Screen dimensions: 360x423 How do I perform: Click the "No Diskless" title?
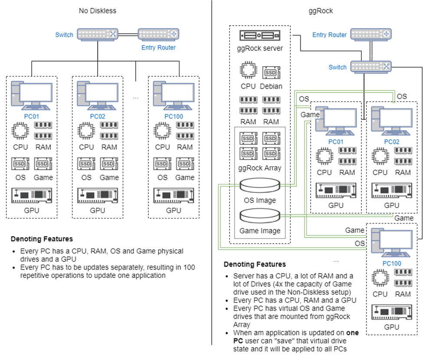(x=98, y=11)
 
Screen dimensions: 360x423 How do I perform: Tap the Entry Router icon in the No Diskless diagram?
(x=158, y=34)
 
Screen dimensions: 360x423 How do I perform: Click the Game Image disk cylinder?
(x=259, y=216)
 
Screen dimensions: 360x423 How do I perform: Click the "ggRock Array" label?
(x=260, y=168)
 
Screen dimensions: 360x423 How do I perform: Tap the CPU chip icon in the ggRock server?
(x=248, y=71)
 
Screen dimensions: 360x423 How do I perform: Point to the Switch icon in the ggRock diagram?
(x=371, y=66)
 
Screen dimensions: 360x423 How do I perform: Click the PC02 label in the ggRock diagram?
(x=392, y=142)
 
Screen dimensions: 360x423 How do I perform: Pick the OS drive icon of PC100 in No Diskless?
(x=162, y=164)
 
